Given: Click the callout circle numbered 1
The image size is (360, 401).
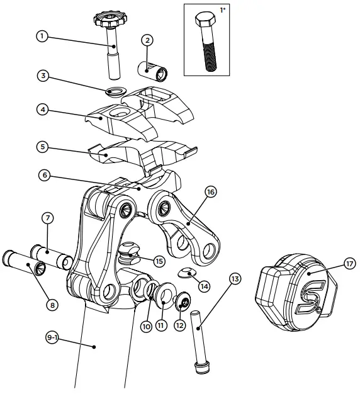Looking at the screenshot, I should pos(42,36).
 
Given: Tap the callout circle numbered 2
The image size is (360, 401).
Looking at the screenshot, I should pos(147,40).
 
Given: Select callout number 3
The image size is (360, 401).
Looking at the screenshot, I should pos(42,77).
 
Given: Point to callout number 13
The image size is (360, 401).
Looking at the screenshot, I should pos(235,279).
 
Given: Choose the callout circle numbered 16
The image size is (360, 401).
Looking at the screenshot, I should pos(210,191).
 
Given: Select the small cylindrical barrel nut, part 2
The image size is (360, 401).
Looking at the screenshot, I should pos(151,70).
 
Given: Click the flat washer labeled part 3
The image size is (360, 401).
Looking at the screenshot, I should pos(115,93).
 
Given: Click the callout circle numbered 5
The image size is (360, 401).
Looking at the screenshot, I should pos(42,147).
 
